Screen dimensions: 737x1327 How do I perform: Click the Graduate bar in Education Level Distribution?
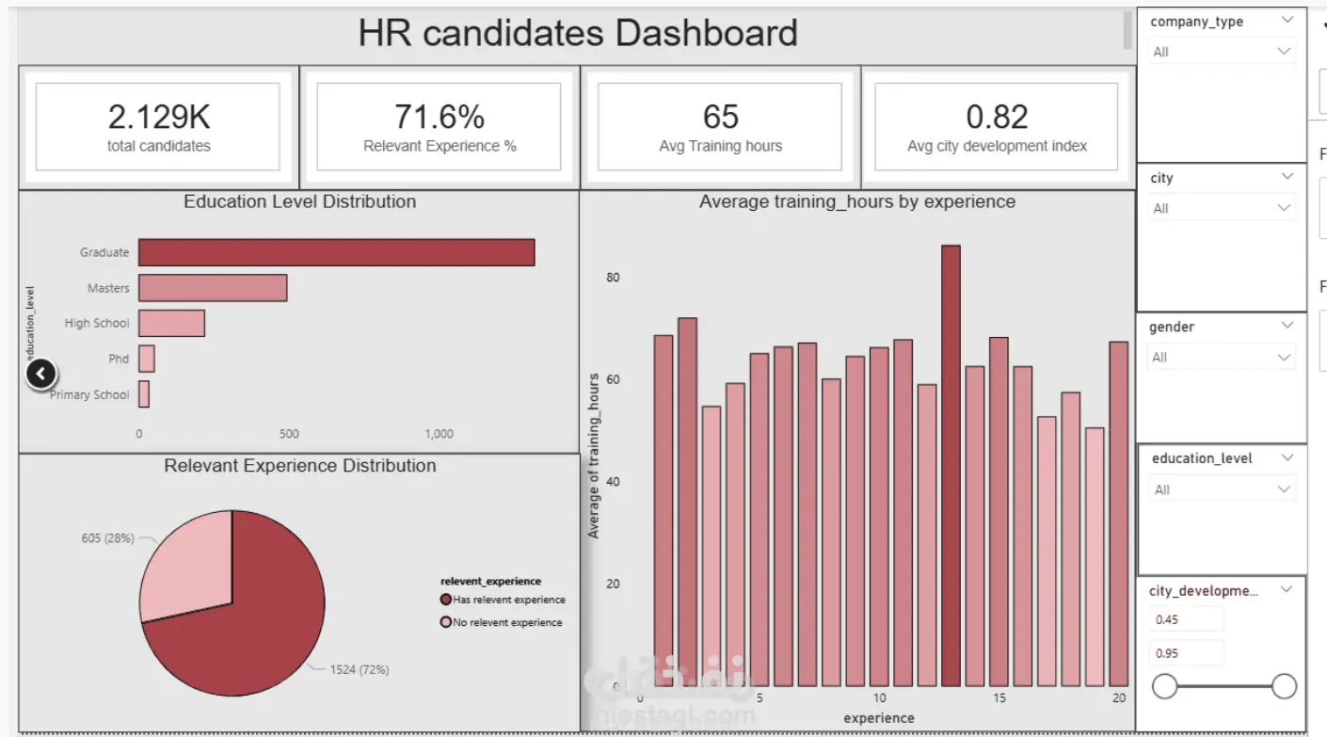(336, 252)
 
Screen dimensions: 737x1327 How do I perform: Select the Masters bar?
(213, 288)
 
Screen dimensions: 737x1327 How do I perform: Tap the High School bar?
(171, 323)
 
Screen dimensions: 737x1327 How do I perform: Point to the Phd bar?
(147, 359)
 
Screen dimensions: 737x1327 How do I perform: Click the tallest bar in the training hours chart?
(951, 465)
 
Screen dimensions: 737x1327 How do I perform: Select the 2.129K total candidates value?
(159, 117)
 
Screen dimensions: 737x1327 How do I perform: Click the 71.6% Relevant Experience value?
(440, 117)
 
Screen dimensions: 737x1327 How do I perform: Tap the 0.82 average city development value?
(998, 117)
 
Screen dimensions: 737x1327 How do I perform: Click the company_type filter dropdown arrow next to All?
(1284, 51)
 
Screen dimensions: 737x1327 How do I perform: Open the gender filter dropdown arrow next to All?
(1284, 358)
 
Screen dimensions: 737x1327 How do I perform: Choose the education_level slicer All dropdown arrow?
(1284, 489)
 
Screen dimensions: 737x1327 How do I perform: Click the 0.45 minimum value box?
(1186, 619)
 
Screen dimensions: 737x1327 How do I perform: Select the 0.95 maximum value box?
(1186, 653)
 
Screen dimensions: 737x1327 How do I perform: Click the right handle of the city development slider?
(1284, 686)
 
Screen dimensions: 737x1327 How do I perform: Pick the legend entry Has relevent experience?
(508, 600)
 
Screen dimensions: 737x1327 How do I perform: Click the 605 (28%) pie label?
(108, 538)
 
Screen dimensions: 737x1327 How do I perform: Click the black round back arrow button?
(40, 375)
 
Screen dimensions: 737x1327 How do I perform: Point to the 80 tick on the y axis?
(613, 278)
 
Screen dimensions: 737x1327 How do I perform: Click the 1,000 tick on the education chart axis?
(439, 434)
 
